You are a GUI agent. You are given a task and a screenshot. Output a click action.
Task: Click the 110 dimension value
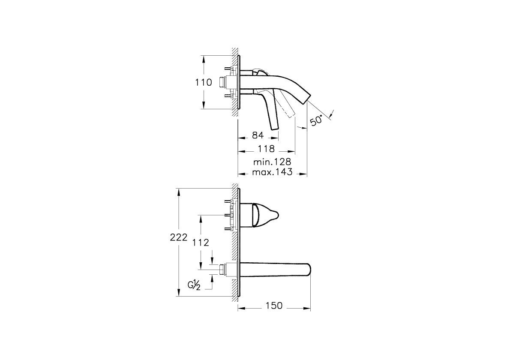coord(203,82)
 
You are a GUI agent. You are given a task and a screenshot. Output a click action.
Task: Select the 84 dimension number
coord(258,135)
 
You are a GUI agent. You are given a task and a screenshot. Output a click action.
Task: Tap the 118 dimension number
coord(267,149)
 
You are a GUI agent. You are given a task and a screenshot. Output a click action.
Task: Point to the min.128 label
coord(272,162)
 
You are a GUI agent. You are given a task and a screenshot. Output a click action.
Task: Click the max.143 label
coord(272,171)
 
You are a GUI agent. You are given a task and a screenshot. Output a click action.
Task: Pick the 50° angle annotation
coord(317,120)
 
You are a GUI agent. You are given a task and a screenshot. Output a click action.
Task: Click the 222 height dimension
coord(179,237)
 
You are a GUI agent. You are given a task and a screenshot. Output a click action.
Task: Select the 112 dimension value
coord(201,242)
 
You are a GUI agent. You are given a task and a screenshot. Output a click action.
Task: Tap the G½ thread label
coord(194,285)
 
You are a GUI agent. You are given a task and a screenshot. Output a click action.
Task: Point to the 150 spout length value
coord(274,306)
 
